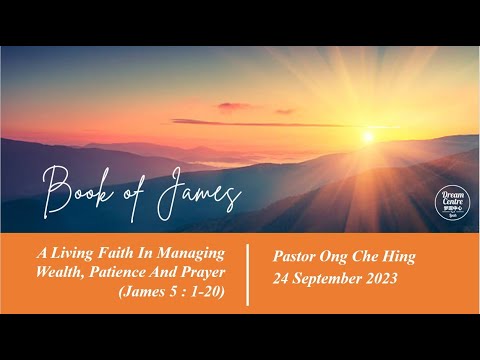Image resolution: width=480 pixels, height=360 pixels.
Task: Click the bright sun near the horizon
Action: point(368,136)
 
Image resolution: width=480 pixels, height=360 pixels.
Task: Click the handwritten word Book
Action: point(86,191)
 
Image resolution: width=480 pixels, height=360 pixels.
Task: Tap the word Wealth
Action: point(86,273)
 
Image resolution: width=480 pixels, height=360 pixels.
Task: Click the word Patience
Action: point(146,273)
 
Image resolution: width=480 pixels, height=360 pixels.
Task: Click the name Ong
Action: point(339,257)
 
